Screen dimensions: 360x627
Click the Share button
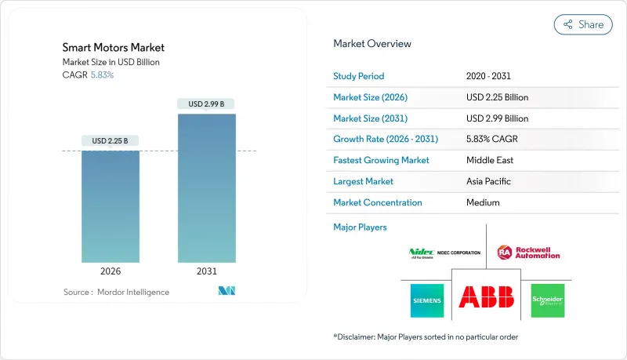[583, 24]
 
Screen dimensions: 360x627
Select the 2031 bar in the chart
[207, 188]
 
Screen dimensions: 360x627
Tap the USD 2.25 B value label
[111, 141]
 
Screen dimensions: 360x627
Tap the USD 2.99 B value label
[207, 104]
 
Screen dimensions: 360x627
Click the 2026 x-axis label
[111, 271]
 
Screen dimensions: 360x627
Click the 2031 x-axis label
[207, 271]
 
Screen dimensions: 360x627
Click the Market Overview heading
[372, 44]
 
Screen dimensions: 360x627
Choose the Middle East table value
[490, 161]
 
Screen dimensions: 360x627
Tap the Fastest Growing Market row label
[381, 161]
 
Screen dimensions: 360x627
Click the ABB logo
[486, 297]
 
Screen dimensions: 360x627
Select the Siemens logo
[426, 300]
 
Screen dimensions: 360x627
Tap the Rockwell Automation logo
[529, 253]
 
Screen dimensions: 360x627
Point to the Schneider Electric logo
[547, 300]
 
